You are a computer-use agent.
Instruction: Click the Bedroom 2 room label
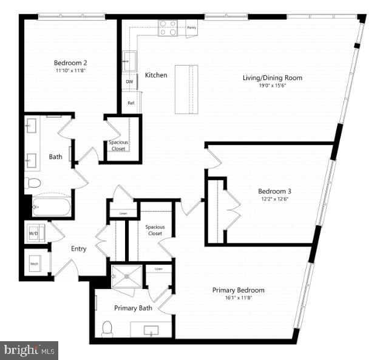tap(70, 63)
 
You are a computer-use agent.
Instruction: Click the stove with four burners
tap(168, 28)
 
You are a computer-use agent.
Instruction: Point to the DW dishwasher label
tap(129, 81)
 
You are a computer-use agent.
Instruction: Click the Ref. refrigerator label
tap(131, 103)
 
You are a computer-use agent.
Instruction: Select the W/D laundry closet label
tap(34, 233)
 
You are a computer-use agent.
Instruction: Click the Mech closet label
tap(35, 264)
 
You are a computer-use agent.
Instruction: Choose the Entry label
tap(78, 249)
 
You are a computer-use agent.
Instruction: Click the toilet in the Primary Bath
tap(107, 328)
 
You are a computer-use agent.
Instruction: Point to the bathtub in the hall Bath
tap(51, 207)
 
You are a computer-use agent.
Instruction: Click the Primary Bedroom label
tap(238, 290)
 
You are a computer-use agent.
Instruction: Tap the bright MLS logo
tap(29, 350)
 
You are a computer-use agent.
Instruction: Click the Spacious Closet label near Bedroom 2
tap(118, 145)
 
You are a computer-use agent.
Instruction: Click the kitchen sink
tap(129, 61)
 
